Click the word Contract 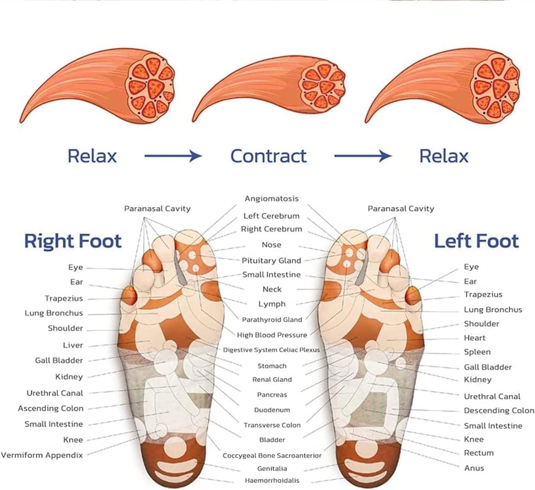tap(268, 156)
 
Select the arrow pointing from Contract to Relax tap(362, 156)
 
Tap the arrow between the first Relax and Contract tap(173, 156)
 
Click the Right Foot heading tap(73, 241)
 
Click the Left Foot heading tap(476, 241)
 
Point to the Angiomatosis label tap(271, 199)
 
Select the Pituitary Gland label tap(271, 261)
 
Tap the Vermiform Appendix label tap(42, 455)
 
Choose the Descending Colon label tap(499, 411)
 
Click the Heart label tap(474, 338)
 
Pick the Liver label tap(73, 345)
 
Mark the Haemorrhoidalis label tap(272, 481)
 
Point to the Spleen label tap(477, 352)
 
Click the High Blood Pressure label tap(272, 335)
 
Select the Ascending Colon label tap(51, 408)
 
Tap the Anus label tap(474, 468)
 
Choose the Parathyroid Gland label tap(272, 320)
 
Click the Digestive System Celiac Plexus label tap(271, 350)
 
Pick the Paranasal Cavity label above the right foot tap(157, 209)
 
